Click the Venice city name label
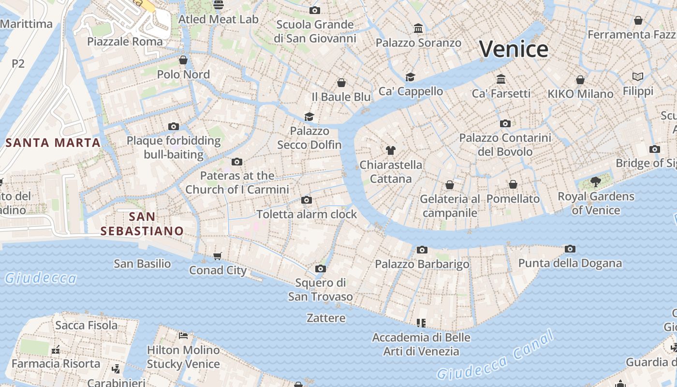[514, 49]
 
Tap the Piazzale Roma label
[125, 41]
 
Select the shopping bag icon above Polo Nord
[183, 60]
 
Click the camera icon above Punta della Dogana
[570, 249]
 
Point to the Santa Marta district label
[53, 143]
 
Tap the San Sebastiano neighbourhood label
[142, 223]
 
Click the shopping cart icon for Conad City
[218, 256]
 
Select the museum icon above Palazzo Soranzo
[418, 29]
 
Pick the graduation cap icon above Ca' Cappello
[410, 77]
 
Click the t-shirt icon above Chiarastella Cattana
[391, 150]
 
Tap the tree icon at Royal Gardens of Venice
[596, 182]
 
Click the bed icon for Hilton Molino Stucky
[183, 335]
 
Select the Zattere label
[326, 318]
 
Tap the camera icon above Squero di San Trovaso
[320, 268]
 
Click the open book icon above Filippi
[638, 76]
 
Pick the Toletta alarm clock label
[307, 214]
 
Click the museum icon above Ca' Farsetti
[501, 79]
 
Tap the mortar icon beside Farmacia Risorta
[56, 349]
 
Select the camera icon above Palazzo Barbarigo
[422, 250]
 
